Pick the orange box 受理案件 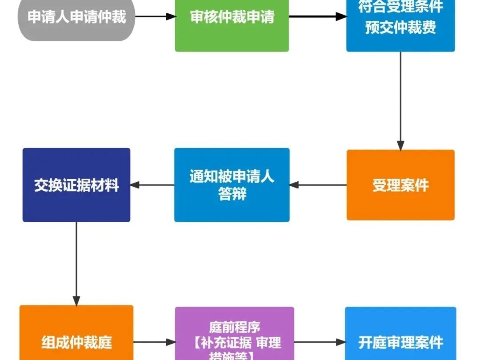(x=400, y=185)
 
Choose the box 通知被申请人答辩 (x=232, y=185)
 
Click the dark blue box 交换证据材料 (x=76, y=185)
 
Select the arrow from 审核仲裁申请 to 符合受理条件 (x=317, y=17)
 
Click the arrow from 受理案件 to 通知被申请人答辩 (x=318, y=184)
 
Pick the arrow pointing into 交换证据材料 (x=152, y=184)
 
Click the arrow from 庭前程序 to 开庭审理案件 (x=319, y=342)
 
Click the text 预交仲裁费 (x=400, y=28)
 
